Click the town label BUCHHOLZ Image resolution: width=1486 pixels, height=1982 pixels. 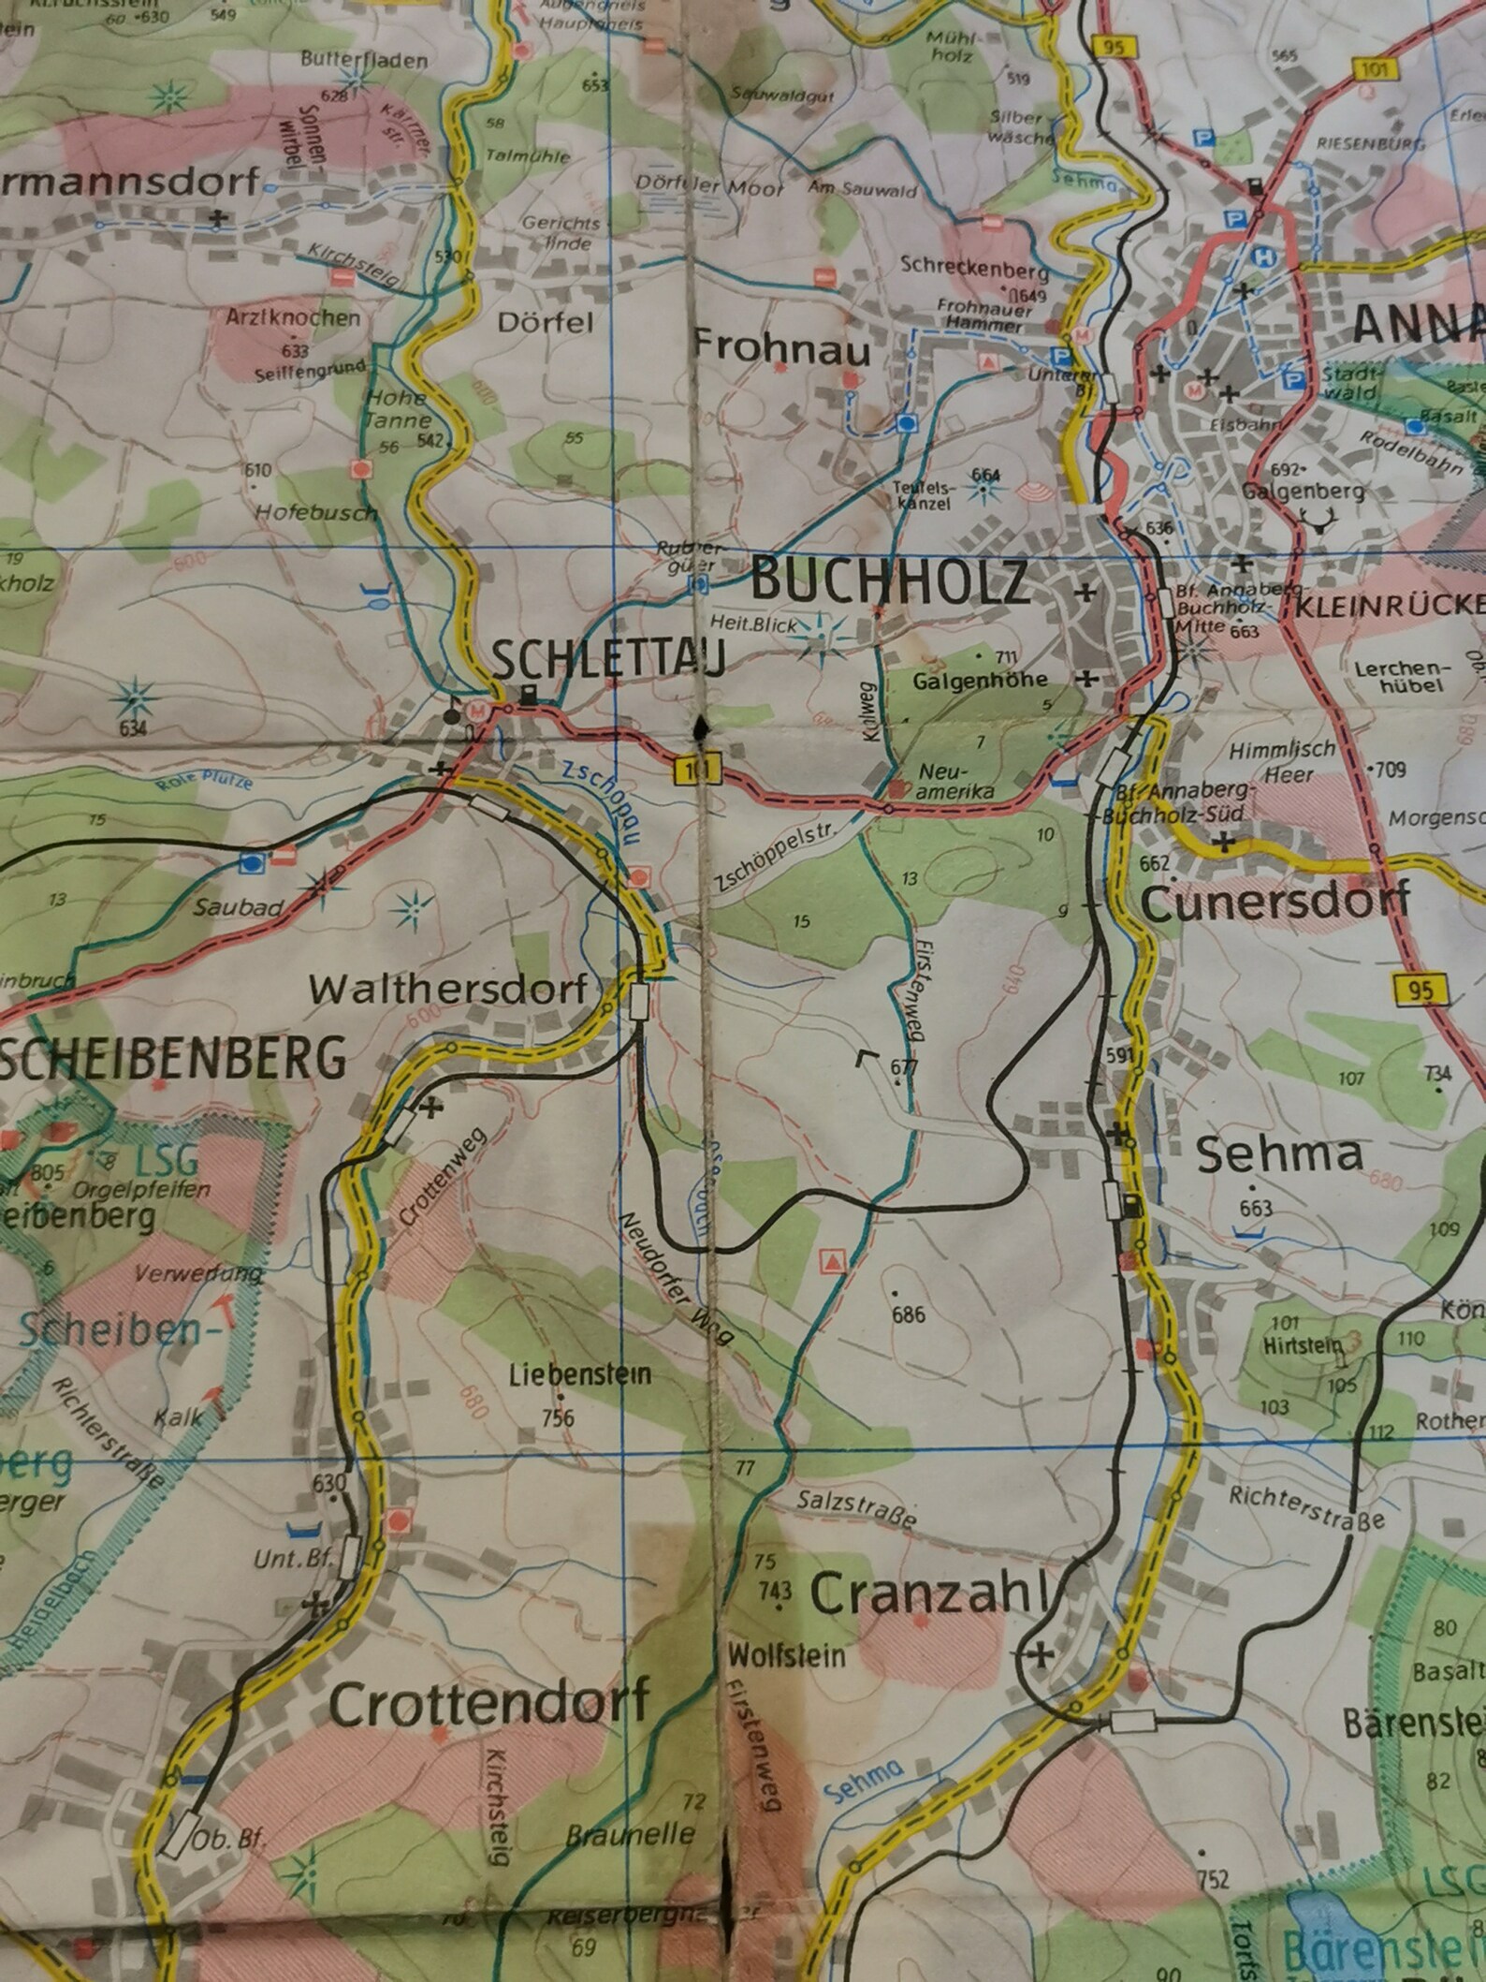pyautogui.click(x=890, y=581)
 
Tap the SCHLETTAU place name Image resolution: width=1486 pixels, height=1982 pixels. pyautogui.click(x=608, y=662)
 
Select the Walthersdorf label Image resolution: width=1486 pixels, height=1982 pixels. pyautogui.click(x=449, y=988)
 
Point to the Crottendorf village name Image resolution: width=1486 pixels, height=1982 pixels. pyautogui.click(x=489, y=1705)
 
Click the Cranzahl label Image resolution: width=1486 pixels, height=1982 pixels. pyautogui.click(x=926, y=1594)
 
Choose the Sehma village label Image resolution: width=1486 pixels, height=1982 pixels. pyautogui.click(x=1279, y=1154)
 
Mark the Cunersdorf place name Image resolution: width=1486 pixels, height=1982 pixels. pyautogui.click(x=1275, y=903)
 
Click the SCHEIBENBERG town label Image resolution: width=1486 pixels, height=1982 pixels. pyautogui.click(x=173, y=1059)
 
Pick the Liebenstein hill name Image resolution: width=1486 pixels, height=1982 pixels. pyautogui.click(x=580, y=1375)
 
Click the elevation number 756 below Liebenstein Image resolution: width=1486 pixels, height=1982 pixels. pyautogui.click(x=558, y=1417)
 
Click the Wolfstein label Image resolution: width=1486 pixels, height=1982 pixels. pyautogui.click(x=786, y=1655)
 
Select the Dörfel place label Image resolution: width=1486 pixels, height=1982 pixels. pyautogui.click(x=546, y=323)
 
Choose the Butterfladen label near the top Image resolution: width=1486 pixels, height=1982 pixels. pyautogui.click(x=365, y=60)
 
